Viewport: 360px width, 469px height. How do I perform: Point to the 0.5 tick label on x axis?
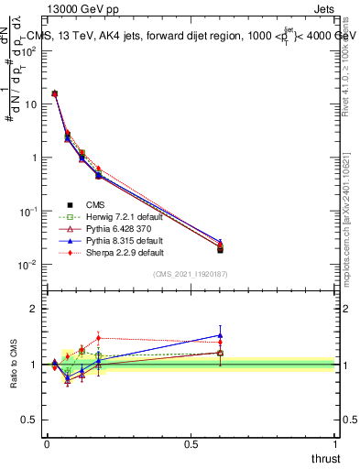pos(191,442)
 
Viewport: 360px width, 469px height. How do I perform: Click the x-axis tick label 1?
pos(334,442)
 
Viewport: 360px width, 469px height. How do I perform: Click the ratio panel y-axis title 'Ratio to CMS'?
pos(15,363)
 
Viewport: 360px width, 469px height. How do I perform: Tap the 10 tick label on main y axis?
pos(32,104)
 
